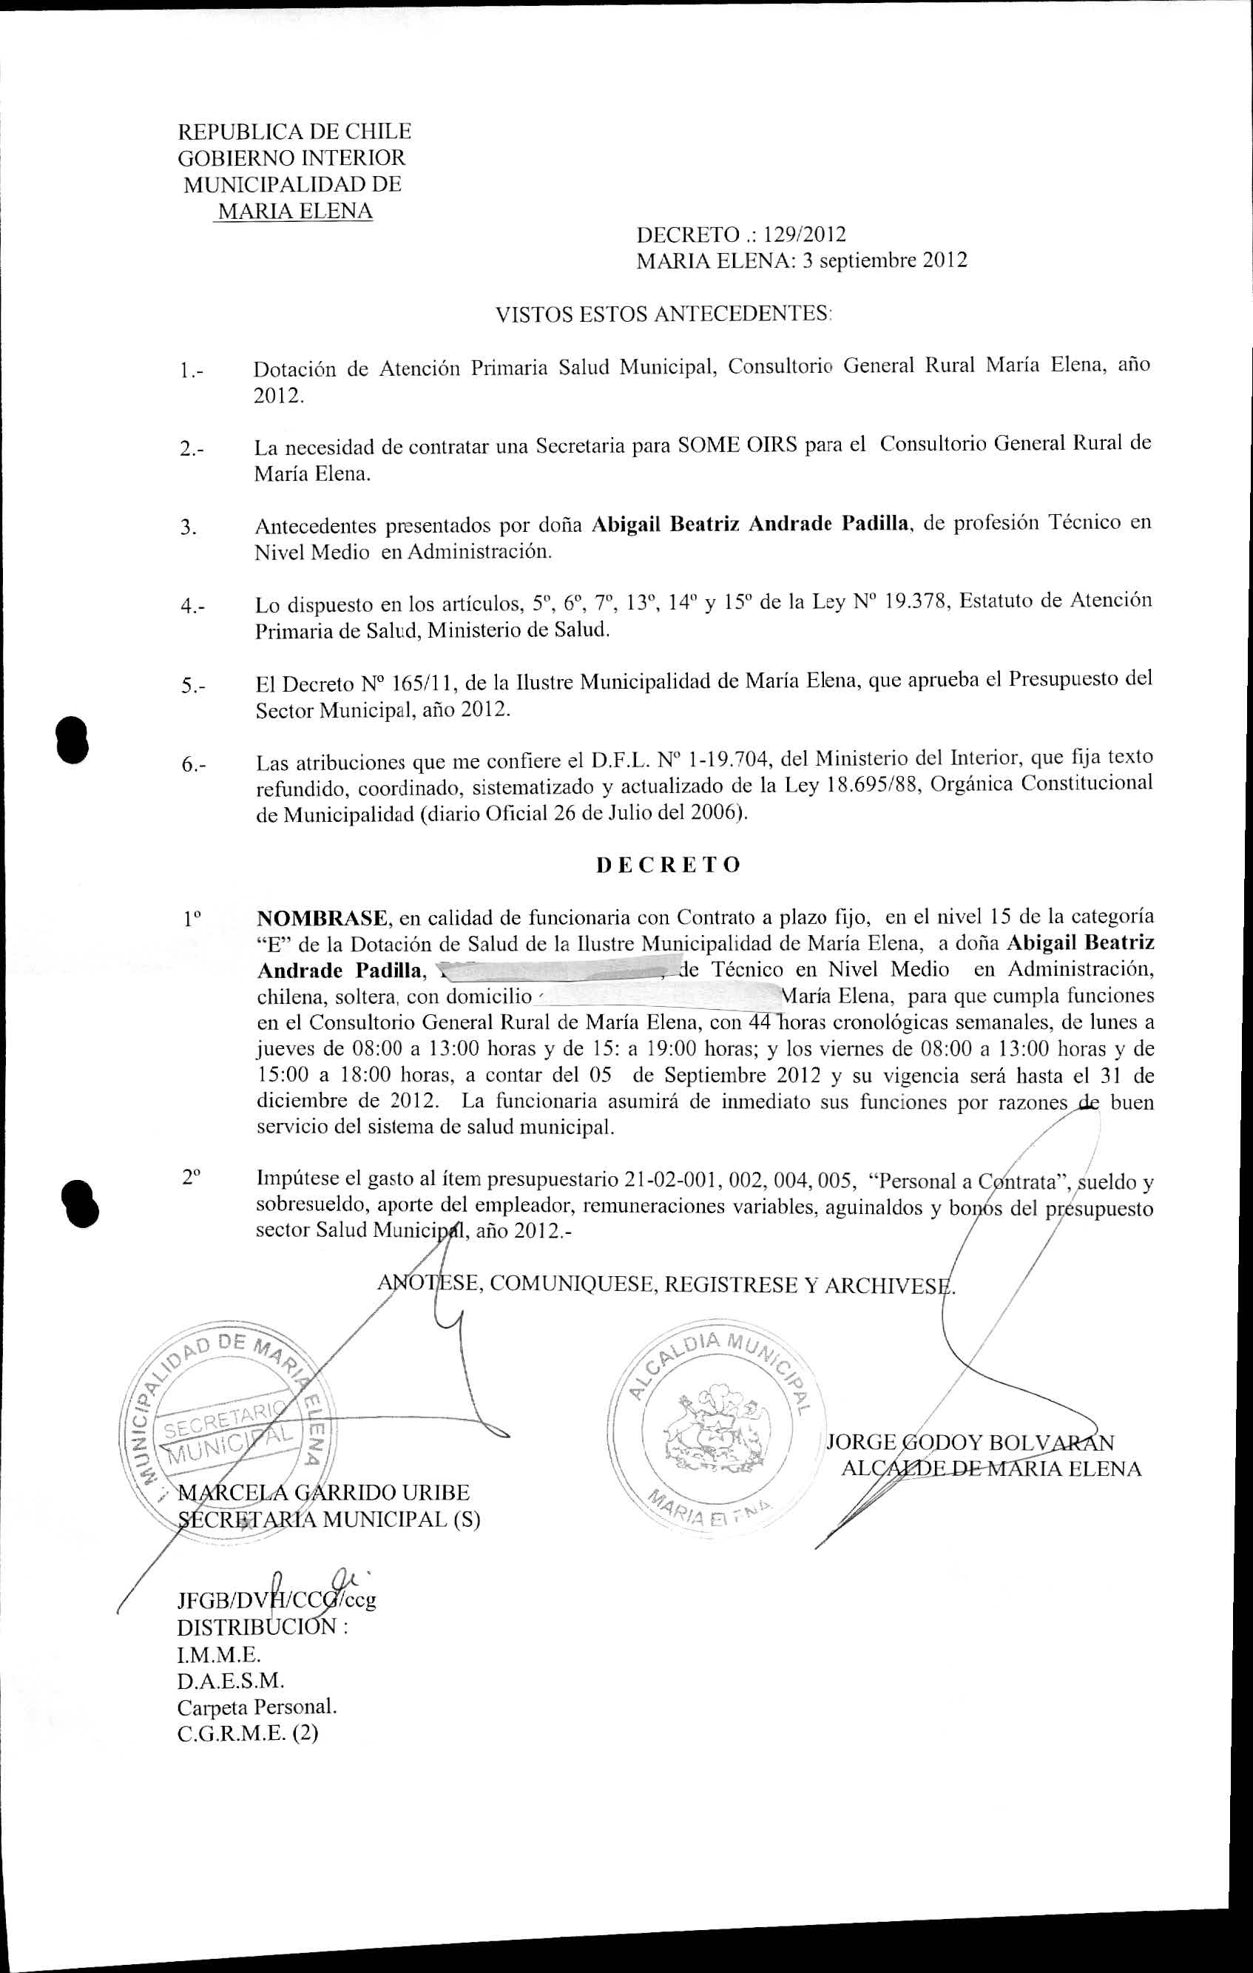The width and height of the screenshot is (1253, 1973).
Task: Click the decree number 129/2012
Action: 804,235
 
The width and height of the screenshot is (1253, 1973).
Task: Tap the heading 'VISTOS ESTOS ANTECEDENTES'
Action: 663,314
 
